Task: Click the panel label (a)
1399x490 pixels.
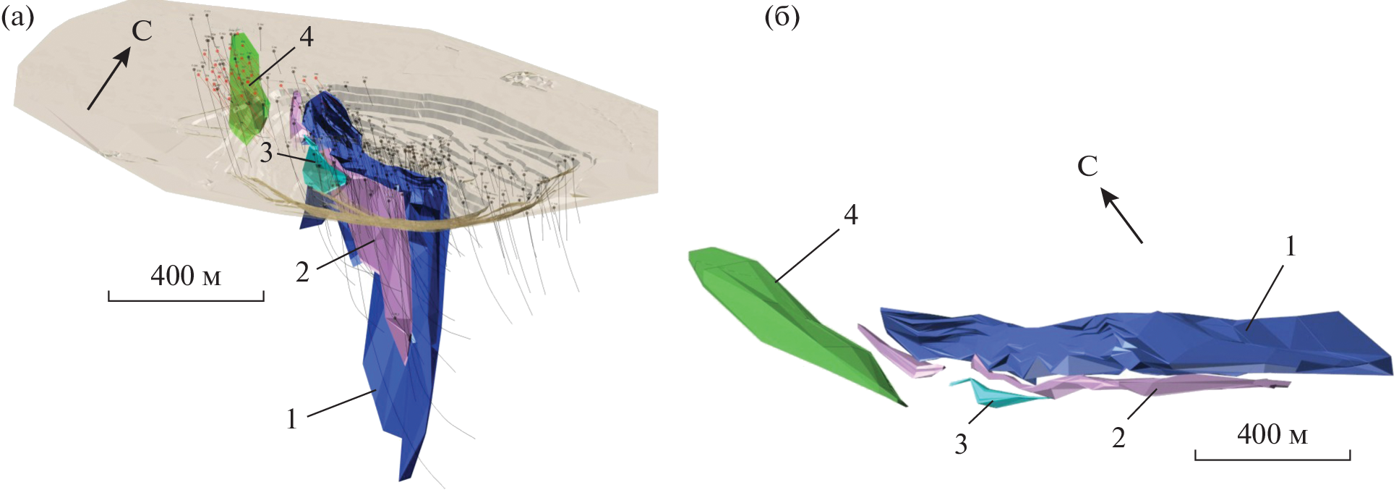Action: click(x=17, y=17)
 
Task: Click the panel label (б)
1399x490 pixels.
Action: click(x=782, y=17)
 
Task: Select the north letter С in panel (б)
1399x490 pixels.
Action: click(x=1087, y=166)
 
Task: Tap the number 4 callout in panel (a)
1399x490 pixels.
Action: click(x=307, y=37)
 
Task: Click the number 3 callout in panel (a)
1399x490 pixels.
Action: click(x=266, y=153)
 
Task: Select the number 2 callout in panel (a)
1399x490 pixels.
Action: click(x=302, y=272)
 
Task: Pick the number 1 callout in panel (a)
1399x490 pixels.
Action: click(x=291, y=419)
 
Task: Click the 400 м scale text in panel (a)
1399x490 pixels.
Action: click(x=185, y=276)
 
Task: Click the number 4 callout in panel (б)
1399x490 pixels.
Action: click(x=850, y=215)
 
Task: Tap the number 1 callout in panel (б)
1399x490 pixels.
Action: click(x=1290, y=247)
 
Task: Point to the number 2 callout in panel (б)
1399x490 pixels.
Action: click(x=1118, y=437)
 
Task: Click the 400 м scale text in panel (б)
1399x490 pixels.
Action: click(x=1272, y=434)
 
